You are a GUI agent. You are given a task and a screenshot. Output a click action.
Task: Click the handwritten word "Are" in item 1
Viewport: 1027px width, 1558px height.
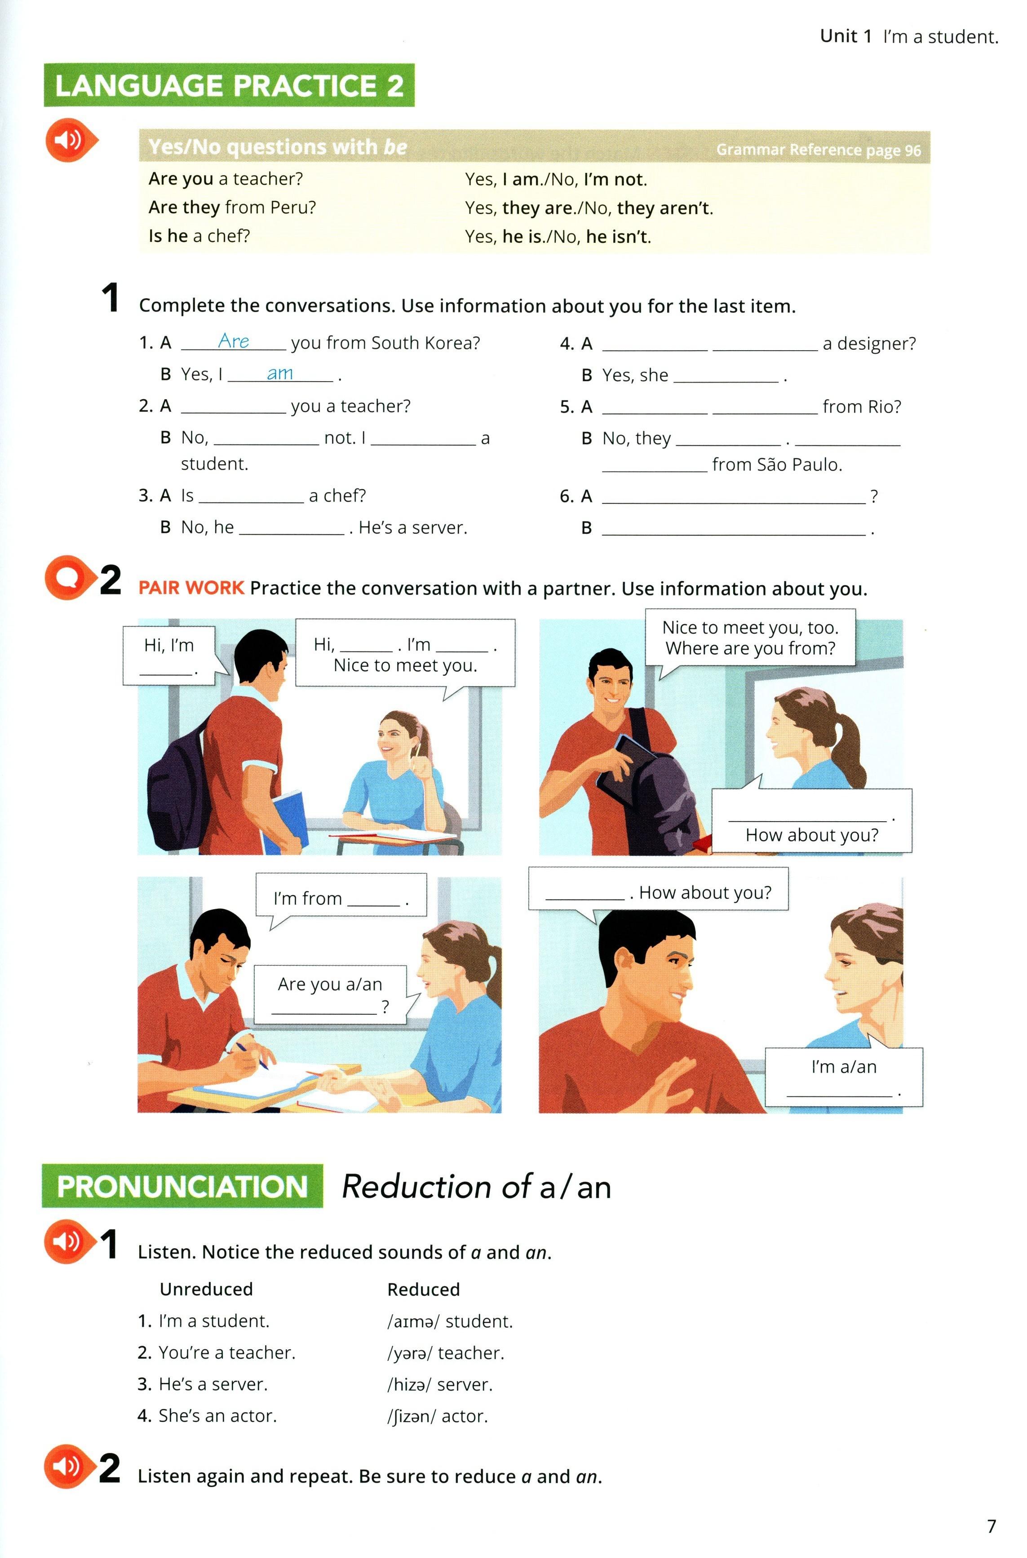coord(233,341)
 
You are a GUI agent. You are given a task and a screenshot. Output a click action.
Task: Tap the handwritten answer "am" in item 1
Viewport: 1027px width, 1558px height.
coord(280,373)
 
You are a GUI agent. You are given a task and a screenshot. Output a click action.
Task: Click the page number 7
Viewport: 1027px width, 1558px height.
coord(991,1527)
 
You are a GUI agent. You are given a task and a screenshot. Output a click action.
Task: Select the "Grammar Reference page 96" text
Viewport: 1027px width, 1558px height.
coord(818,150)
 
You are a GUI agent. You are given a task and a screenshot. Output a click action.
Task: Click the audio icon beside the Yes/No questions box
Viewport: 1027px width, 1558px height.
coord(69,140)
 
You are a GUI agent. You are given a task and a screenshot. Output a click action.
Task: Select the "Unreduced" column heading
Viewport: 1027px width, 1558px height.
coord(206,1289)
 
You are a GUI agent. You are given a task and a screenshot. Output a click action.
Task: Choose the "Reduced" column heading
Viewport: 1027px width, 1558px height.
coord(423,1289)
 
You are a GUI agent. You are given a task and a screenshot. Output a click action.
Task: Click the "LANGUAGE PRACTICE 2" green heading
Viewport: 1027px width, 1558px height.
coord(229,86)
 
